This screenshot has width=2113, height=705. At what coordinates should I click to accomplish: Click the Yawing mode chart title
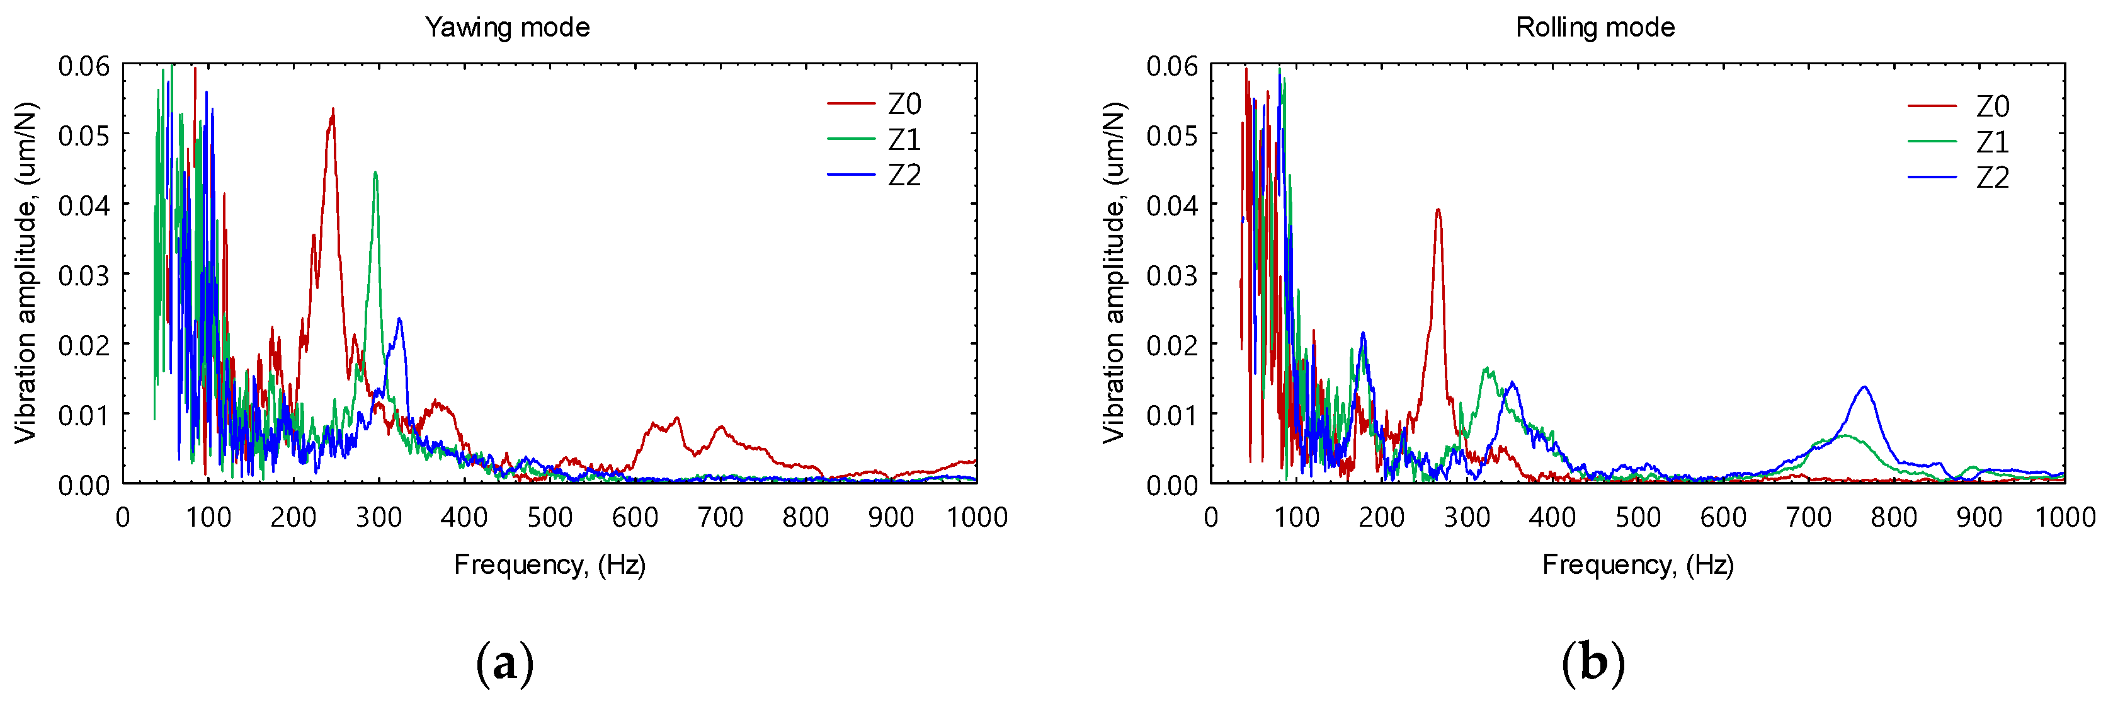tap(507, 28)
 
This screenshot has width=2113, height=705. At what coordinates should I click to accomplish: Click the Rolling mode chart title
tap(1595, 28)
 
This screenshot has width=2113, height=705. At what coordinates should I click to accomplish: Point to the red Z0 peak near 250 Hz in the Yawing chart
tap(332, 109)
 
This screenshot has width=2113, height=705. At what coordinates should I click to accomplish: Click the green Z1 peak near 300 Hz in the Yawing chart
tap(375, 173)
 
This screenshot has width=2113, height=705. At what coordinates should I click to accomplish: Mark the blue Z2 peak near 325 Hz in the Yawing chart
tap(399, 318)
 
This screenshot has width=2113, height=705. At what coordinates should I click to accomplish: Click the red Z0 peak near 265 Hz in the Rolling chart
tap(1438, 209)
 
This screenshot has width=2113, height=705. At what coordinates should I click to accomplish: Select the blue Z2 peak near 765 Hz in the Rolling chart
tap(1864, 387)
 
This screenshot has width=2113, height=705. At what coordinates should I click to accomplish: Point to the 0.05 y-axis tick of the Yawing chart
tap(84, 135)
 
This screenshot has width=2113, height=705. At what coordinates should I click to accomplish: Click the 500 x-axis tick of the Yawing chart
tap(550, 517)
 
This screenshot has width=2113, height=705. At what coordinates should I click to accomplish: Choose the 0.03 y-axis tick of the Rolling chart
tap(1171, 275)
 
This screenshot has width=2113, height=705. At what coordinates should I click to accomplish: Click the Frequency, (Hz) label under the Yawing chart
tap(550, 565)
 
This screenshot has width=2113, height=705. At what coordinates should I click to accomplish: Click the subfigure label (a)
tap(505, 663)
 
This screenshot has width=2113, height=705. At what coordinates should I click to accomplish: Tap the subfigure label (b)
tap(1593, 663)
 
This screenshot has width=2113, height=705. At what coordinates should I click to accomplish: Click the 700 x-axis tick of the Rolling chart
tap(1809, 517)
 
